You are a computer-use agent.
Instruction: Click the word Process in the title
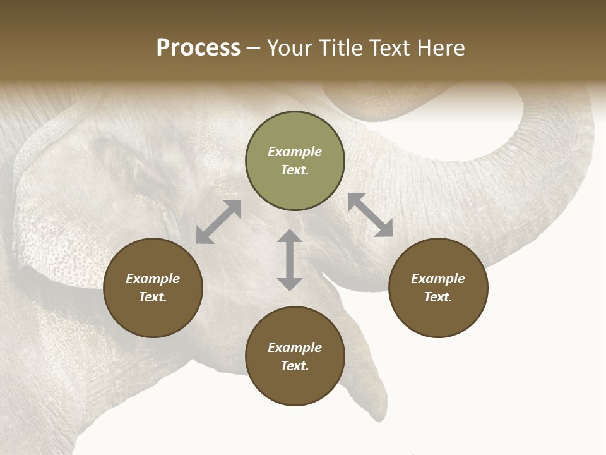coord(198,48)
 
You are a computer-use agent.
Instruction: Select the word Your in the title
coord(290,48)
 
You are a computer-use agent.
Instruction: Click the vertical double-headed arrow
coord(290,260)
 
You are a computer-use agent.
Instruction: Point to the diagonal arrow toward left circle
coord(218,222)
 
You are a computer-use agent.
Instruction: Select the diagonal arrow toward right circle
coord(371,215)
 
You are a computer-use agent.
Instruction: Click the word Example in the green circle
coord(295,152)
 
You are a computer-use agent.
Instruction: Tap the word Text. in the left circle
coord(153,297)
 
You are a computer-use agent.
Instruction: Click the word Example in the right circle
coord(438,279)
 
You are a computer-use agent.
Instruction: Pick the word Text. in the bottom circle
coord(295,366)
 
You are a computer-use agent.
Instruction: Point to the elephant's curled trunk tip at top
coord(353,101)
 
